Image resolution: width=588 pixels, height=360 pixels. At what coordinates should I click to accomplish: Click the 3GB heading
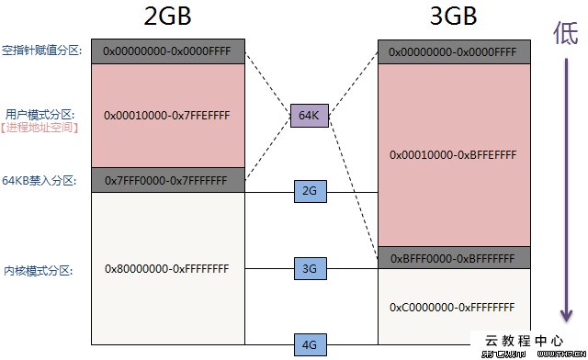(454, 18)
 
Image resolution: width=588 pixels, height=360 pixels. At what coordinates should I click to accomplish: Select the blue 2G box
(309, 191)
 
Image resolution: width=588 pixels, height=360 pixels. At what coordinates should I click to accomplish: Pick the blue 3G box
(309, 269)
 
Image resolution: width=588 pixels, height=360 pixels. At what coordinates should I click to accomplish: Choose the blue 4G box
(309, 345)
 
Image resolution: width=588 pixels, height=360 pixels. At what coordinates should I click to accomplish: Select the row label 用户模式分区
(43, 114)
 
